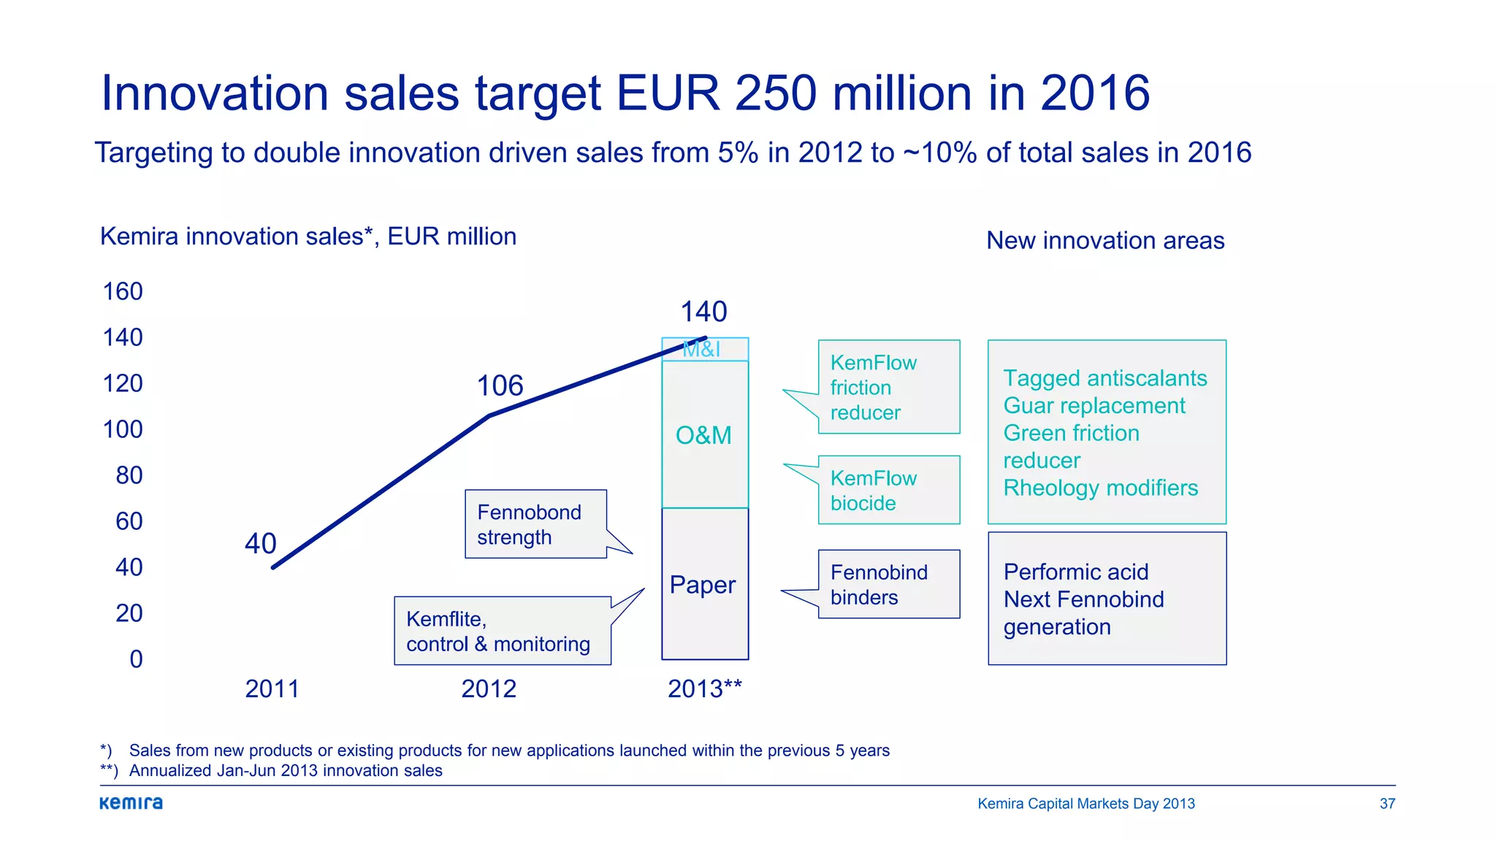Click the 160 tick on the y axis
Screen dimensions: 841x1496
pyautogui.click(x=123, y=291)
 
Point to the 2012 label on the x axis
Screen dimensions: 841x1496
pyautogui.click(x=489, y=688)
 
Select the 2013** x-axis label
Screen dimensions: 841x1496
pyautogui.click(x=704, y=688)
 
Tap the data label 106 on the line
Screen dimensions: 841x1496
pyautogui.click(x=500, y=385)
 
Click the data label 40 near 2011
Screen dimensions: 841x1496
pyautogui.click(x=261, y=543)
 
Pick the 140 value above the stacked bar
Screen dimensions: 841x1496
pyautogui.click(x=703, y=312)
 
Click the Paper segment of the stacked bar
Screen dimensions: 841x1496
pyautogui.click(x=704, y=585)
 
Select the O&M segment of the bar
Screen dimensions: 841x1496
pyautogui.click(x=704, y=435)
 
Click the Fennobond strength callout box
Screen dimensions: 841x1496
pyautogui.click(x=535, y=524)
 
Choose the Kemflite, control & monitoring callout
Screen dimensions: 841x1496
pyautogui.click(x=502, y=631)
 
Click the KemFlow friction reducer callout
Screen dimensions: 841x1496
pyautogui.click(x=888, y=387)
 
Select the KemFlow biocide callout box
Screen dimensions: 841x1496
pyautogui.click(x=888, y=490)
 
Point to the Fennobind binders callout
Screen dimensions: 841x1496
pyautogui.click(x=888, y=584)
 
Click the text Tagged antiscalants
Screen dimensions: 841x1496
pyautogui.click(x=1104, y=378)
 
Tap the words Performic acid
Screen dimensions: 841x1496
pyautogui.click(x=1075, y=572)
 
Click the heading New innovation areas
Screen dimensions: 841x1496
pyautogui.click(x=1105, y=240)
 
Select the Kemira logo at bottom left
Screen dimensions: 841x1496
pyautogui.click(x=131, y=803)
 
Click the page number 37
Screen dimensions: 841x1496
pyautogui.click(x=1387, y=803)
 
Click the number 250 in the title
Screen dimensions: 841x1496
pyautogui.click(x=775, y=93)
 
